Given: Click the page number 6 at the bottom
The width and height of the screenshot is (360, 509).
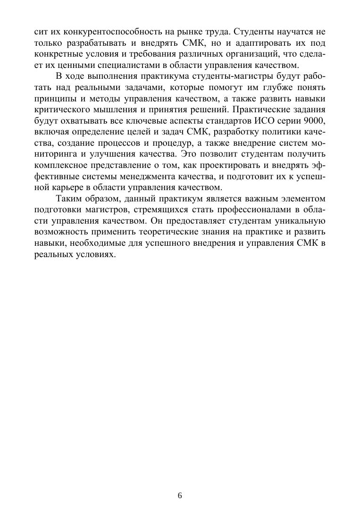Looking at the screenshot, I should [x=180, y=495].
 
